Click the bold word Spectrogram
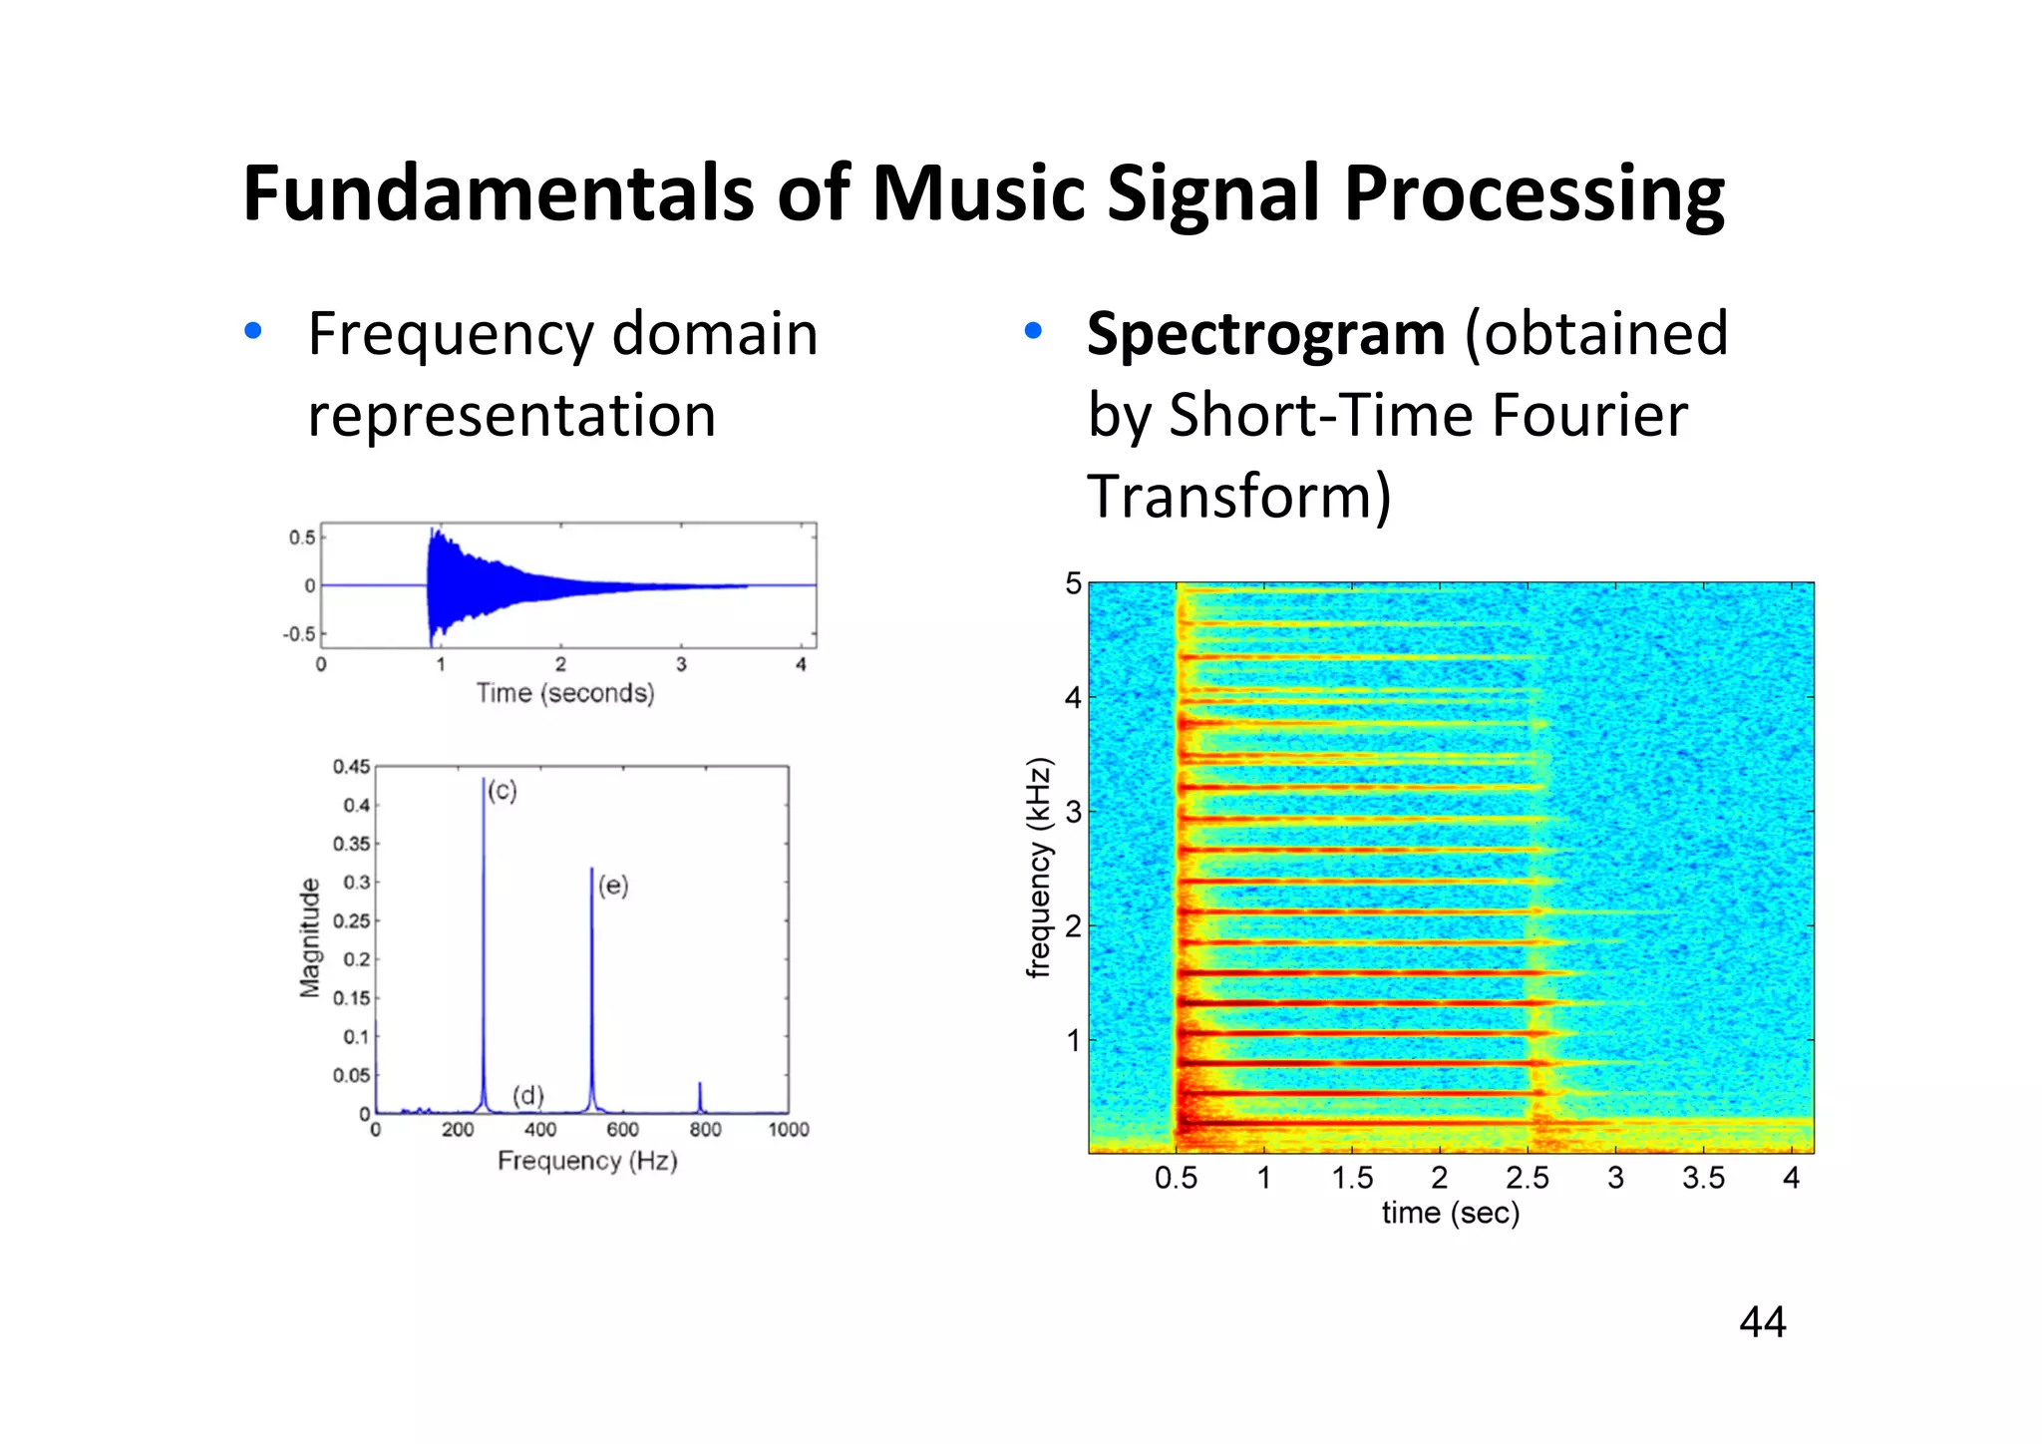[x=1264, y=334]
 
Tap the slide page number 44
[x=1762, y=1322]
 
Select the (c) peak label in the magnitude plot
[x=503, y=791]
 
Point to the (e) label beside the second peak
[x=613, y=886]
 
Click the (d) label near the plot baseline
[x=528, y=1095]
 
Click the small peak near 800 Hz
[x=700, y=1097]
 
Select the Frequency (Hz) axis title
[x=587, y=1161]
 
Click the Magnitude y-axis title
[x=311, y=937]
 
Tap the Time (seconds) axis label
[x=565, y=693]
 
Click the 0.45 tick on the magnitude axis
[x=351, y=767]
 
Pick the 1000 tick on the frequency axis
[x=788, y=1130]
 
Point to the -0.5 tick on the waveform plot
[x=299, y=634]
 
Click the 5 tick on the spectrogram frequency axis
[x=1073, y=583]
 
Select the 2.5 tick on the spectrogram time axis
[x=1528, y=1179]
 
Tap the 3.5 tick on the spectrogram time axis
[x=1703, y=1179]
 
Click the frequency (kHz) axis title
[x=1040, y=868]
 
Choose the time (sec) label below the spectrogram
[x=1451, y=1214]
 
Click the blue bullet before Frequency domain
[x=253, y=331]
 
